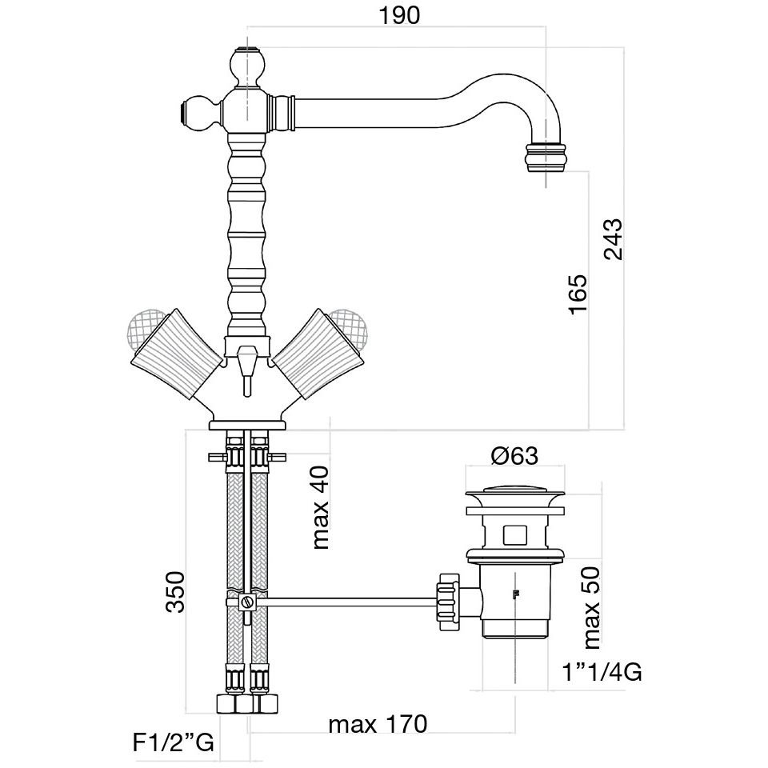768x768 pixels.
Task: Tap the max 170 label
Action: coord(378,725)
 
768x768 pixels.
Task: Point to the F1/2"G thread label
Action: coord(172,743)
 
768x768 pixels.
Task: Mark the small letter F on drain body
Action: coord(516,595)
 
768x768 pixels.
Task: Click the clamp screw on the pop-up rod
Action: coord(247,602)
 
